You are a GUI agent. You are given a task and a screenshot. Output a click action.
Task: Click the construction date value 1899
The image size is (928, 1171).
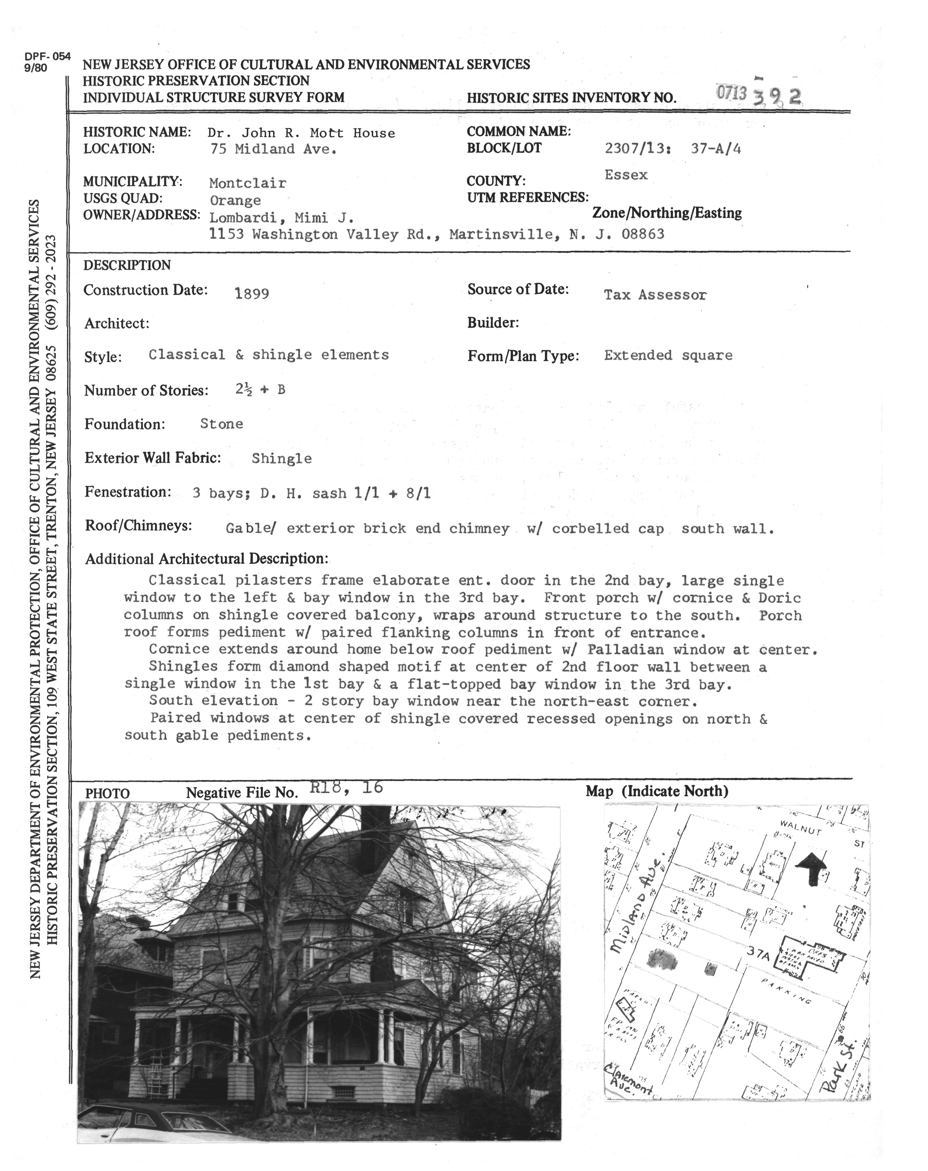pos(251,294)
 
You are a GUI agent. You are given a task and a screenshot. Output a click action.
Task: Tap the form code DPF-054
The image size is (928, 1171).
pos(47,56)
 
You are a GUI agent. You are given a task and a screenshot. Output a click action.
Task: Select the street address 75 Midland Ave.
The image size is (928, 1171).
pos(273,149)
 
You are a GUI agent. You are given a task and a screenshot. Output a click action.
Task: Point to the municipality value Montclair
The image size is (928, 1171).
pos(247,183)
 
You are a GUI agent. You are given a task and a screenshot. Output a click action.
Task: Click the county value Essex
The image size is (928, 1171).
pos(625,175)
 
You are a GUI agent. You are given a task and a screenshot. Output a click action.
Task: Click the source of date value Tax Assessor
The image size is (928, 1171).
pos(655,295)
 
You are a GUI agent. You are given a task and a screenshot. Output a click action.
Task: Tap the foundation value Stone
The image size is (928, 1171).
pos(222,424)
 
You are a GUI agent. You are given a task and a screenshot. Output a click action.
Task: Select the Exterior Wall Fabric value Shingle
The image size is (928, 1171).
pos(281,458)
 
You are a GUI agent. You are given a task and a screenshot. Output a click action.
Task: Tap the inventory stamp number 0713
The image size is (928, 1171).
pos(731,93)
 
